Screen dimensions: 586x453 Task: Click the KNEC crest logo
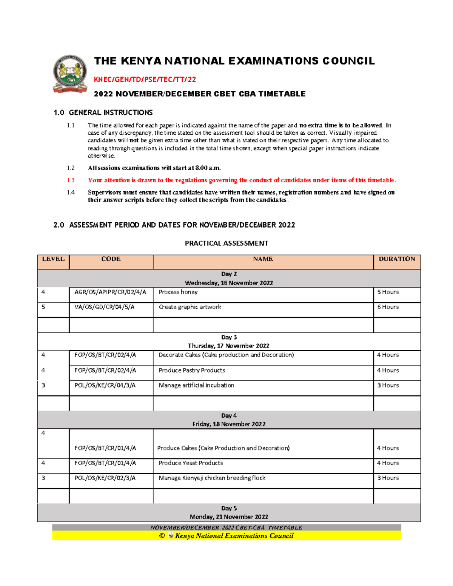[70, 74]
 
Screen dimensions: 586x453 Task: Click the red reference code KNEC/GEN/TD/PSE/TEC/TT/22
[145, 79]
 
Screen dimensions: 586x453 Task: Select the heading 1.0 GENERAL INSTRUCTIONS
[103, 112]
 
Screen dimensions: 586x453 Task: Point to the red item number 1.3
[71, 180]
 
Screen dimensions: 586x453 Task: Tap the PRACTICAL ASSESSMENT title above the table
[226, 243]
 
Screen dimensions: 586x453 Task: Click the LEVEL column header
[53, 259]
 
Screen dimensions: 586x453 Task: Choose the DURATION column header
[397, 259]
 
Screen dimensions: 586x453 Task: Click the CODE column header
[111, 259]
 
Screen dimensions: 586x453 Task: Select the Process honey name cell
[178, 292]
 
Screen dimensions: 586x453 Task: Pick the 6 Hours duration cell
[388, 307]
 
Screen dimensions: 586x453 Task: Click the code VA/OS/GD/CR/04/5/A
[105, 307]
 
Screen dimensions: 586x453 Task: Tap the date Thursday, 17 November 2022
[229, 346]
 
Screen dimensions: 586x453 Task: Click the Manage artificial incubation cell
[196, 385]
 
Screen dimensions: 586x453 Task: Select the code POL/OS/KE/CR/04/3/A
[105, 385]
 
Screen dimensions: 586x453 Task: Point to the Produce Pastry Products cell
[192, 371]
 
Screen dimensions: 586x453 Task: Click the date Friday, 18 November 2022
[229, 424]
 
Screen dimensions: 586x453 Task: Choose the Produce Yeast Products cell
[191, 463]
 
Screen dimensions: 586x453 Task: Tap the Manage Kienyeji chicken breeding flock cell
[212, 478]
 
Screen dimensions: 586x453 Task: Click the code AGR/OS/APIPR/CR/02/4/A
[110, 292]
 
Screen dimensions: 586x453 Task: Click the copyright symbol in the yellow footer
[162, 536]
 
